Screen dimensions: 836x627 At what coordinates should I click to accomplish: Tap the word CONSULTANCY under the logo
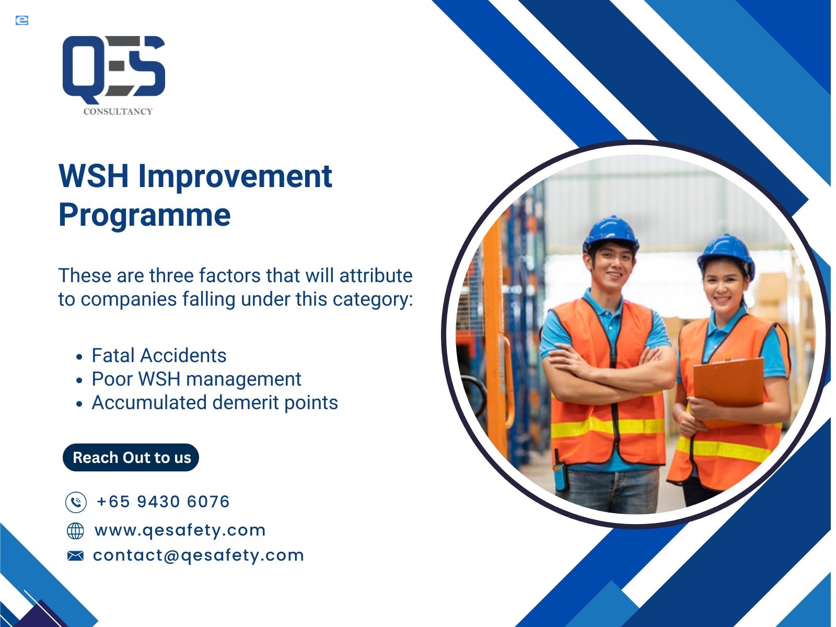[118, 111]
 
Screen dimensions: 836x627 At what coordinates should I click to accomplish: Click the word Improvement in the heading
[235, 176]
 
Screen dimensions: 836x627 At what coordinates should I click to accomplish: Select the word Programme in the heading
[144, 215]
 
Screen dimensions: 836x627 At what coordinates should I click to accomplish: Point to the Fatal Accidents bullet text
[159, 356]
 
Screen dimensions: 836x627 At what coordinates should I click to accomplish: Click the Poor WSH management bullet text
[196, 379]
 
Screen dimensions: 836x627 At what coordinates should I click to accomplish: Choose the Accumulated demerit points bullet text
[215, 403]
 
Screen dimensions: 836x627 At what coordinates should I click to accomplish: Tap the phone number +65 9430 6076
[164, 502]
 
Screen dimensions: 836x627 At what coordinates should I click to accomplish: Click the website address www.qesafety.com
[180, 530]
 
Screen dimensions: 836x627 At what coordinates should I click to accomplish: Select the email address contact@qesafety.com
[199, 555]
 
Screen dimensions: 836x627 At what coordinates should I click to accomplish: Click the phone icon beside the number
[76, 502]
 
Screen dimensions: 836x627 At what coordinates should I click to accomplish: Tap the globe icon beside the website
[75, 531]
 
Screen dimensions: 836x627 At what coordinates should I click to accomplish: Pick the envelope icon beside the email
[75, 556]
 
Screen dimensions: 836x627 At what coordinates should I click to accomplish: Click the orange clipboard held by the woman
[728, 392]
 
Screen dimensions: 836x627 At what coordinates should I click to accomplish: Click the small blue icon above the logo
[22, 20]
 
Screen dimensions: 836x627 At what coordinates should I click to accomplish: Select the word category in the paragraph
[373, 299]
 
